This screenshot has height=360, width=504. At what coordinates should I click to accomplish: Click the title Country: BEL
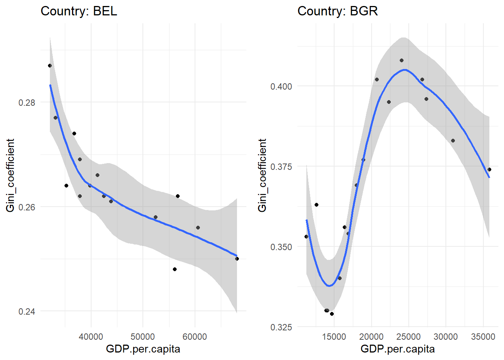click(x=79, y=11)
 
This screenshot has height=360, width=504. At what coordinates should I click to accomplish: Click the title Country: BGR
click(x=337, y=11)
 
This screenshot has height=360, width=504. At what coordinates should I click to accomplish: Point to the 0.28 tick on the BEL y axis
click(x=27, y=102)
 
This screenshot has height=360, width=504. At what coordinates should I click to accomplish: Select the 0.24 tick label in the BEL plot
click(x=27, y=312)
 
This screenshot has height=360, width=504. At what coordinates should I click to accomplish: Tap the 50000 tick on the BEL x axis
click(x=142, y=337)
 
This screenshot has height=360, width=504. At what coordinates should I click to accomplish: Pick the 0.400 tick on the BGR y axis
click(x=281, y=87)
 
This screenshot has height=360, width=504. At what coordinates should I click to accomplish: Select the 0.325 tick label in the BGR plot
click(x=281, y=327)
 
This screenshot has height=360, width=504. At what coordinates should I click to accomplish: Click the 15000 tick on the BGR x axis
click(x=334, y=337)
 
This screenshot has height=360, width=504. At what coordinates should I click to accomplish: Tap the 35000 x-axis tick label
click(x=483, y=337)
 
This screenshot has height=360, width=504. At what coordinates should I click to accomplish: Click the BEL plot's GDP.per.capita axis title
click(x=143, y=349)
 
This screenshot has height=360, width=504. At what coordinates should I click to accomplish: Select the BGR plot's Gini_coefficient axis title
click(x=262, y=175)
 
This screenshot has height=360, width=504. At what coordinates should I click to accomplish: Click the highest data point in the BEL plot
click(x=50, y=66)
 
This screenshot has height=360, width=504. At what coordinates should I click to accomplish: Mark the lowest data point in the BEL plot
click(x=175, y=269)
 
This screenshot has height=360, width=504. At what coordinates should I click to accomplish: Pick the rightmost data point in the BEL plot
click(x=237, y=259)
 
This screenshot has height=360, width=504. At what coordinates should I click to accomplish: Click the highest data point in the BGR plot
click(x=402, y=60)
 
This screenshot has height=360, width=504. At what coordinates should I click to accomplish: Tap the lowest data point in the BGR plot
click(x=332, y=314)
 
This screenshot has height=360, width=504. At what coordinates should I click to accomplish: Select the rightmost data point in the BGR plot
click(x=489, y=169)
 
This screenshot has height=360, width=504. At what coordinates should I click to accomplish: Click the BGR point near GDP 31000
click(x=453, y=141)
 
